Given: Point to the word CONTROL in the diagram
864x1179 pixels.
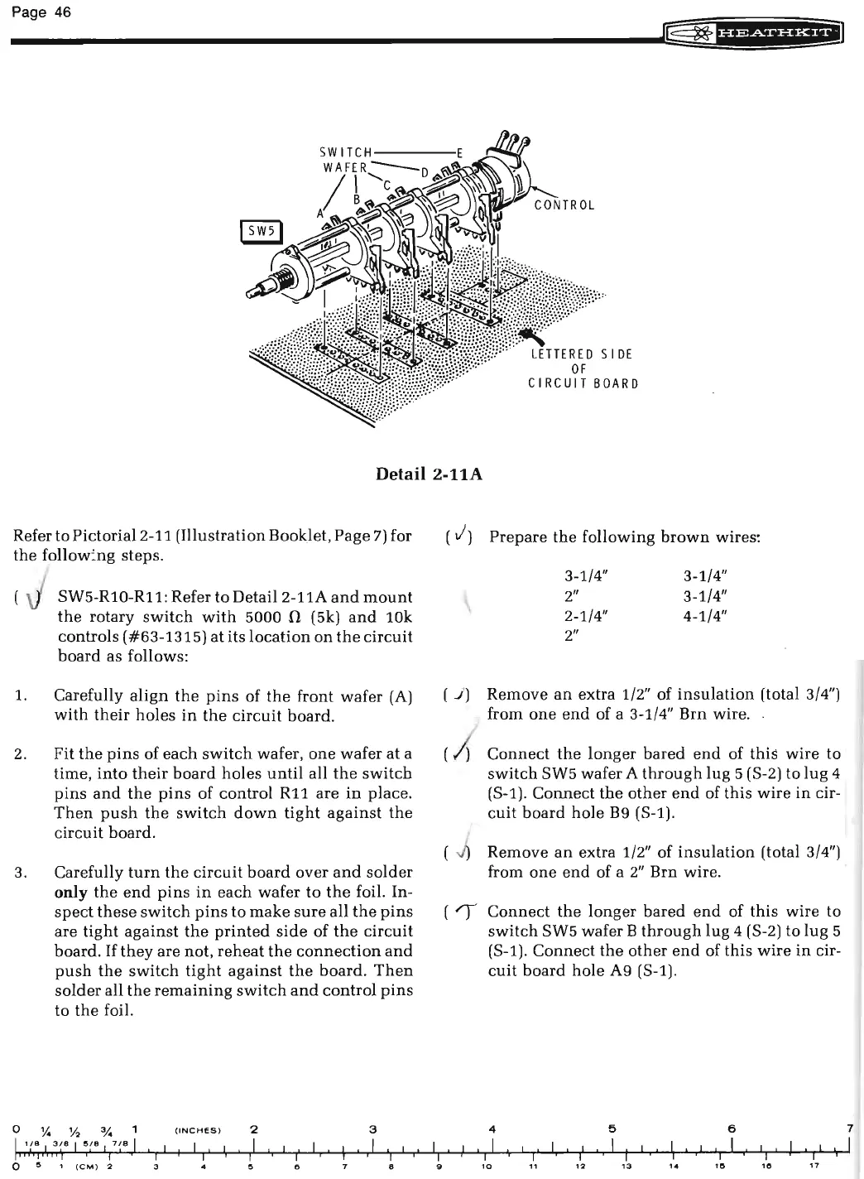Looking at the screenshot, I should coord(564,205).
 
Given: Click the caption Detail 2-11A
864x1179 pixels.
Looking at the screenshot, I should coord(430,474).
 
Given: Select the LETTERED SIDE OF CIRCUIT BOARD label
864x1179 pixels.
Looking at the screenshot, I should coord(583,368).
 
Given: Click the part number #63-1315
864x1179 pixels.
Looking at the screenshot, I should coord(169,636).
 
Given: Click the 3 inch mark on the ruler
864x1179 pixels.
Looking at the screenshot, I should coord(373,1129).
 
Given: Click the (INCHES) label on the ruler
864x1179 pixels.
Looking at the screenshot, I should coord(197,1129).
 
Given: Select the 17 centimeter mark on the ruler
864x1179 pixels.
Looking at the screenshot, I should coord(813,1167).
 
